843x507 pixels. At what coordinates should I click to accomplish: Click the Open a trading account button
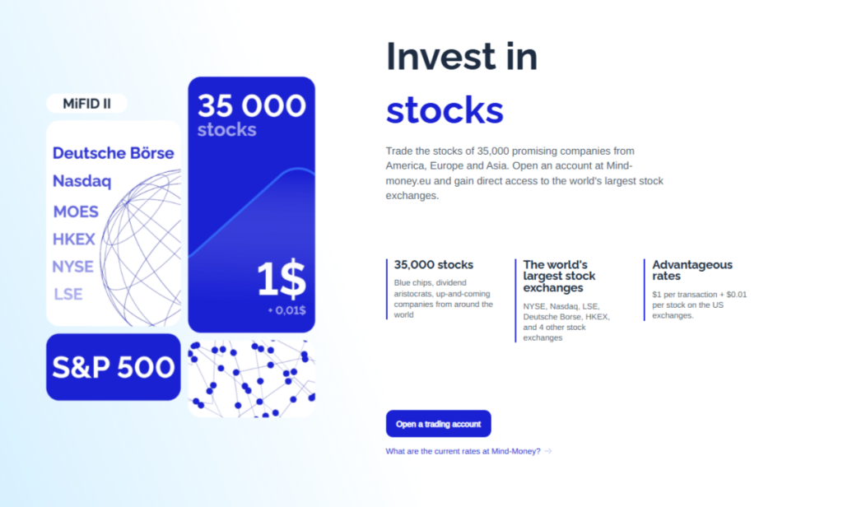438,424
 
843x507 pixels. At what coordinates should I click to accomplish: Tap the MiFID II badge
87,104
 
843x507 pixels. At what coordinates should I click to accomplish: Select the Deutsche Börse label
113,153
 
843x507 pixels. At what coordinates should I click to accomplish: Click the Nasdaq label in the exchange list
82,181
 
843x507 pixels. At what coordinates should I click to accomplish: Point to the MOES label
76,212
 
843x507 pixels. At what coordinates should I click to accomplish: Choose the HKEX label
74,240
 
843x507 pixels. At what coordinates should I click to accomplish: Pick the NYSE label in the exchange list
72,267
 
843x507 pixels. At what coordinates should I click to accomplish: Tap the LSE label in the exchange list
68,294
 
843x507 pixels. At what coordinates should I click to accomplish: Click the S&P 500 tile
113,367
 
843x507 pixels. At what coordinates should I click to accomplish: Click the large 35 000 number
251,105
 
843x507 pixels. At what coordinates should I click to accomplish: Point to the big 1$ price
281,280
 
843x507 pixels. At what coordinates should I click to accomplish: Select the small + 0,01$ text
286,310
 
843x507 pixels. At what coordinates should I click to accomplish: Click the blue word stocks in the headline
445,110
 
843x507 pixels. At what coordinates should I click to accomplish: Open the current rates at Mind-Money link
463,451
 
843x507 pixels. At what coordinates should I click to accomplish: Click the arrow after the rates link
548,451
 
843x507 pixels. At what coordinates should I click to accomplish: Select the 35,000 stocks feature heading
434,265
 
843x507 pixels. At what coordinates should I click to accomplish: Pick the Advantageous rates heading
692,270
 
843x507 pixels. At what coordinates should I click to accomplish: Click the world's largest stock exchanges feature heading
559,277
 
